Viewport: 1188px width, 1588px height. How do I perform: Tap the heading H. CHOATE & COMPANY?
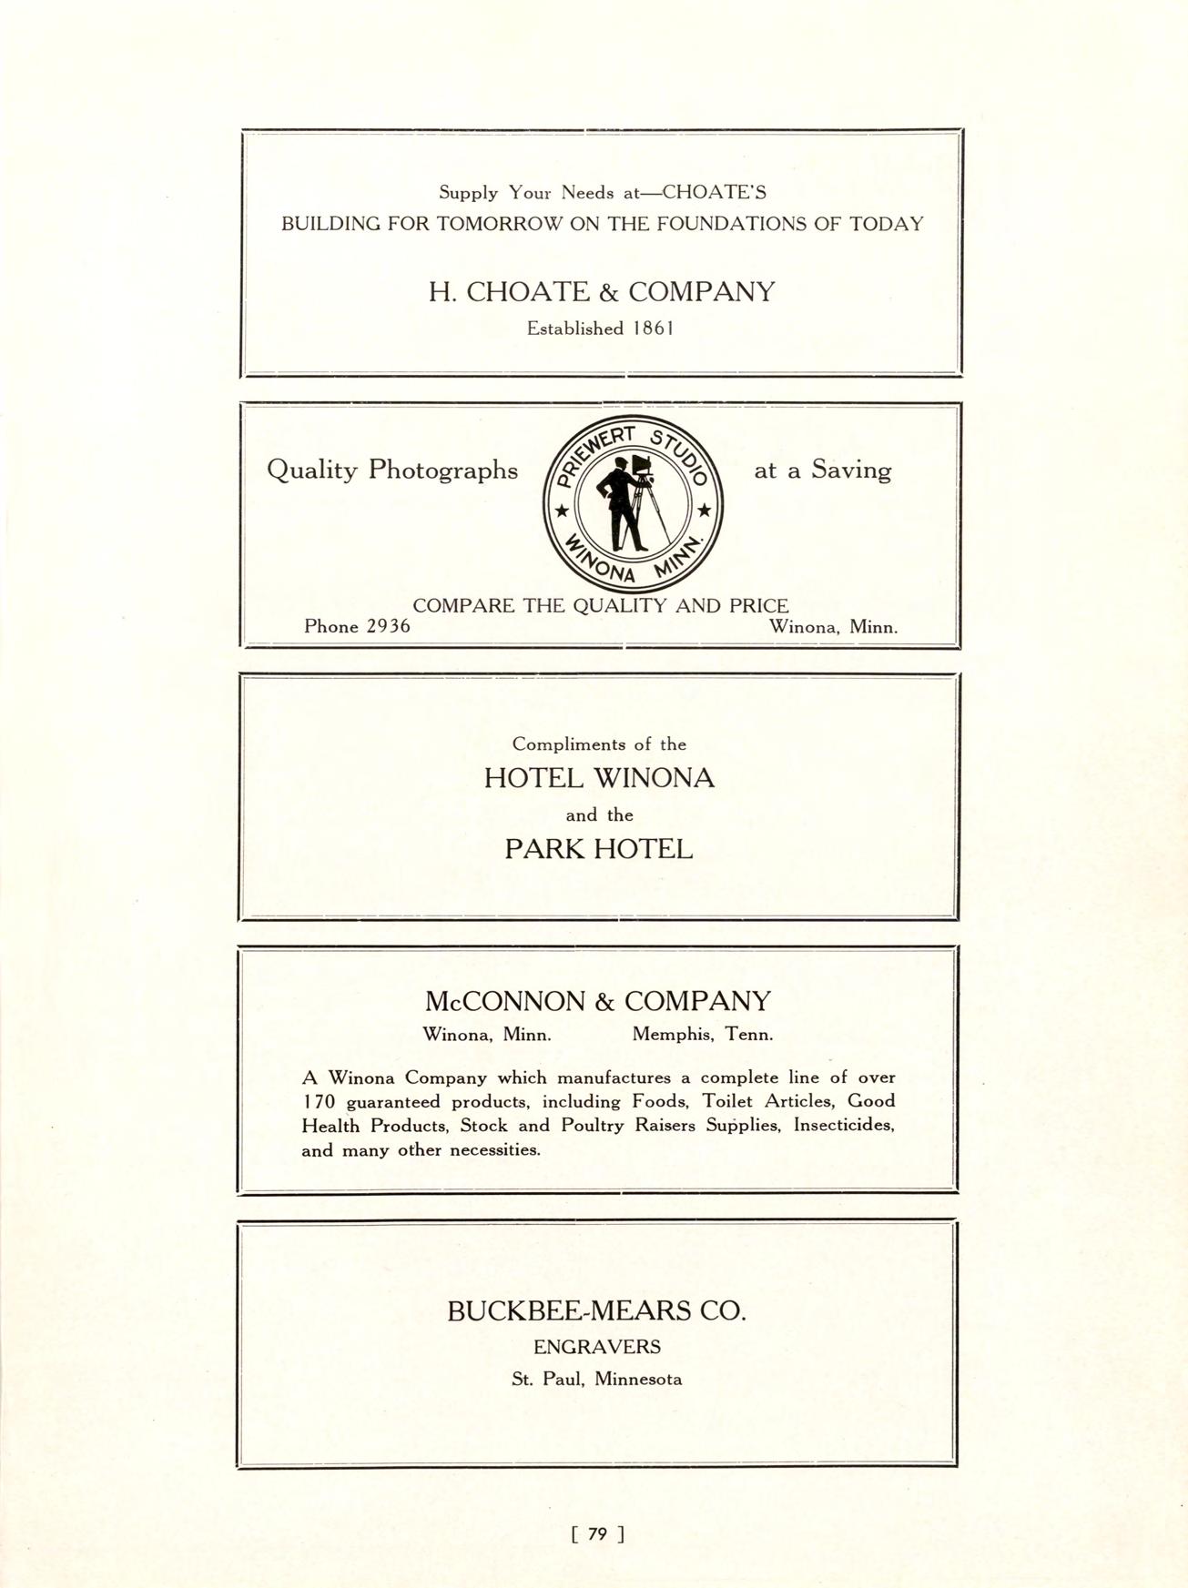602,292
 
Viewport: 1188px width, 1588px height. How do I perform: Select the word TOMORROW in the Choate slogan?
500,224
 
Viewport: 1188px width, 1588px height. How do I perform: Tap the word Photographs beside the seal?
442,470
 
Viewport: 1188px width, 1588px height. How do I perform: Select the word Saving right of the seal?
851,470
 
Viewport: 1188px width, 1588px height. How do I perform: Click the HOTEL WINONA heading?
599,778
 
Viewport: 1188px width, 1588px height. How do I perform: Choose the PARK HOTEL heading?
598,849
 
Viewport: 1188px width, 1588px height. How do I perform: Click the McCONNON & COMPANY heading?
597,1001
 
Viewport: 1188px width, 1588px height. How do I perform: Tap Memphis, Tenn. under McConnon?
702,1035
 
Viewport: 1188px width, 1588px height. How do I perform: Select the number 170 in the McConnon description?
319,1102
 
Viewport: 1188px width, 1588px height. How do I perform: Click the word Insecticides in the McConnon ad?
844,1126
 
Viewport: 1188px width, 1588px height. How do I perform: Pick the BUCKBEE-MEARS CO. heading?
596,1311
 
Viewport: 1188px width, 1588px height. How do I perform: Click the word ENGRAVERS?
596,1347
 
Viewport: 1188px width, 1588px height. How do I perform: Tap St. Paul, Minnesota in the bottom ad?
596,1379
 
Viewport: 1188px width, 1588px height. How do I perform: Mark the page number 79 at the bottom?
597,1533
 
